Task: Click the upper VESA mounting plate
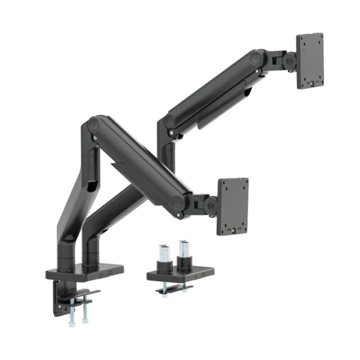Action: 310,60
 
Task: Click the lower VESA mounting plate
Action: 233,206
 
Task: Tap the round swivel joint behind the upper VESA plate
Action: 290,60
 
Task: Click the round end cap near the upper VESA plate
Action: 257,57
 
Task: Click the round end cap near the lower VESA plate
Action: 178,202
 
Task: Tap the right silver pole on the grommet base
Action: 184,251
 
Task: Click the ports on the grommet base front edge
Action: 199,276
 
